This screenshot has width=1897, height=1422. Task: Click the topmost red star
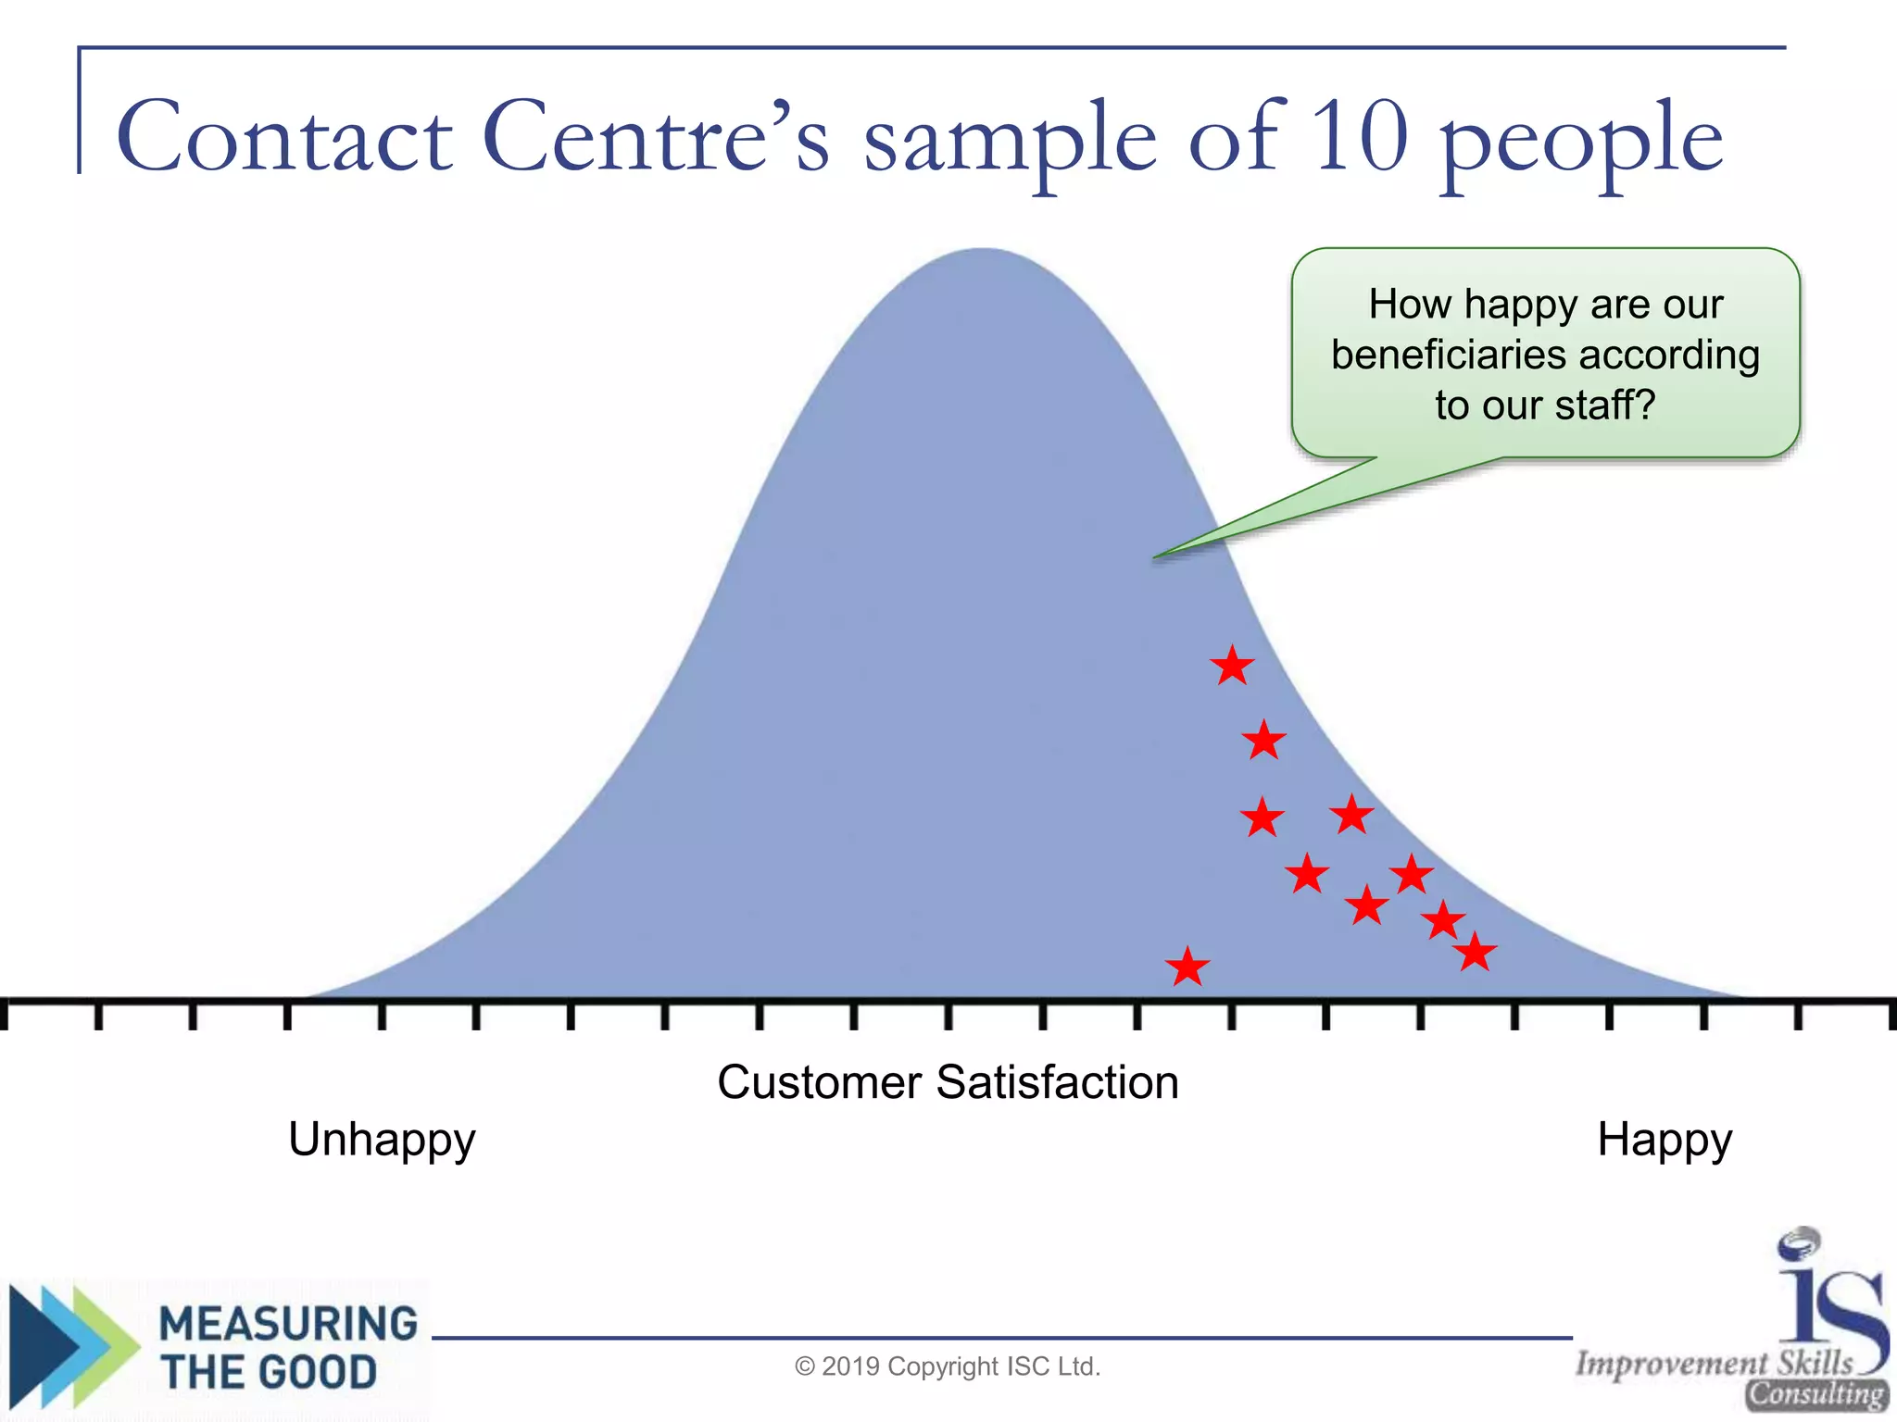pyautogui.click(x=1232, y=666)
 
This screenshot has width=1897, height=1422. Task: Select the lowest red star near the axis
pyautogui.click(x=1187, y=967)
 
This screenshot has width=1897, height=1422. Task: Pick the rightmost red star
pyautogui.click(x=1475, y=952)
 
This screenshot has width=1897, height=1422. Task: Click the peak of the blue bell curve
pyautogui.click(x=984, y=252)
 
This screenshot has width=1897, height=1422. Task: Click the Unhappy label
pyautogui.click(x=382, y=1140)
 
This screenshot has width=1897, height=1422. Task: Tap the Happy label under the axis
pyautogui.click(x=1665, y=1140)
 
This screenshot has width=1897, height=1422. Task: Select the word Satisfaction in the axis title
pyautogui.click(x=1057, y=1082)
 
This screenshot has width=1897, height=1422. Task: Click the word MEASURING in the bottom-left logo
pyautogui.click(x=288, y=1323)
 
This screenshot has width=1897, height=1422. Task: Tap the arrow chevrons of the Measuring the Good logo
pyautogui.click(x=69, y=1347)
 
